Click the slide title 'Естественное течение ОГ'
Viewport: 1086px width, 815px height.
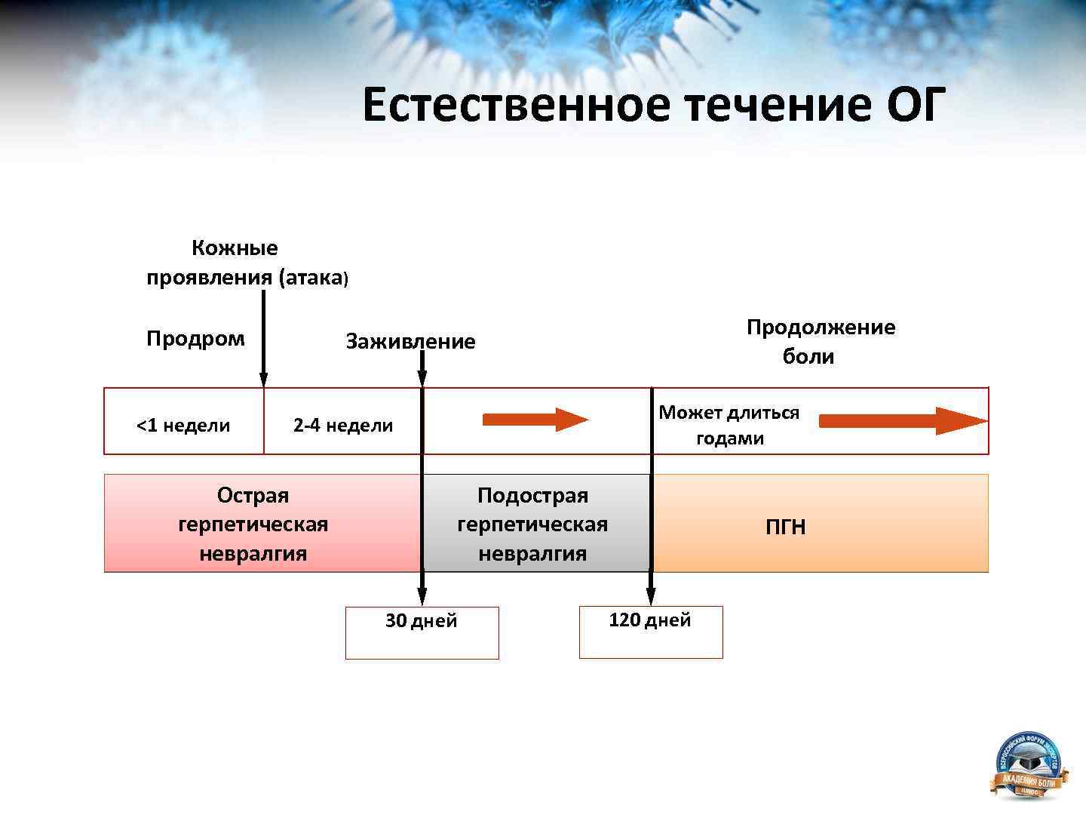[x=653, y=105]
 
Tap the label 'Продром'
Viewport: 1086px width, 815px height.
[x=195, y=339]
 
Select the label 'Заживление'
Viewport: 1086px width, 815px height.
[x=410, y=342]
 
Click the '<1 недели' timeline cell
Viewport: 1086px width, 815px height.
[x=183, y=426]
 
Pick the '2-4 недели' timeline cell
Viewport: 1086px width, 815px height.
[x=343, y=426]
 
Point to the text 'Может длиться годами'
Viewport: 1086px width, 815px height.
[x=729, y=426]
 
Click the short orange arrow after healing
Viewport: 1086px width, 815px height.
[x=535, y=420]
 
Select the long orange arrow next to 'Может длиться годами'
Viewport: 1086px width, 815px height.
[x=902, y=420]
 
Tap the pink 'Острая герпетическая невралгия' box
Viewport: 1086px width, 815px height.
[x=253, y=524]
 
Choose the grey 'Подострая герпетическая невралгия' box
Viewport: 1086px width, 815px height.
[x=532, y=524]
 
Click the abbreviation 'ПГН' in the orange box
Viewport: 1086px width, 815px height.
[x=786, y=527]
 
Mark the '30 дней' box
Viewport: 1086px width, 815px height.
[x=422, y=632]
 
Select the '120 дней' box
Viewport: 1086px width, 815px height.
[x=650, y=632]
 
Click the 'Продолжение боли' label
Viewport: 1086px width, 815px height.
[x=821, y=342]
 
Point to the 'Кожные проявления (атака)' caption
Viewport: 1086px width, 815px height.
[x=246, y=263]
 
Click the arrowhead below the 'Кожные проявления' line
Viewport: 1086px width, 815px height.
[x=263, y=380]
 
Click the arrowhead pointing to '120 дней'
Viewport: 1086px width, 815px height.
[x=652, y=598]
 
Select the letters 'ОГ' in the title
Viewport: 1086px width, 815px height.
[x=916, y=105]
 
